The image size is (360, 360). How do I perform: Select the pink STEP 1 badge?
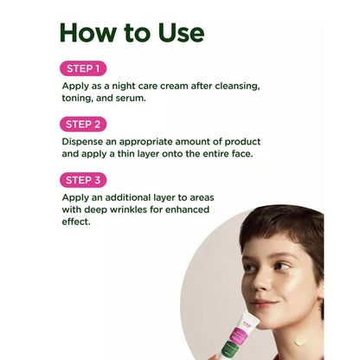83,68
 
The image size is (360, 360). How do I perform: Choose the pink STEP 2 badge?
83,124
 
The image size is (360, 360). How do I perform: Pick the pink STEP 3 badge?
83,180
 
